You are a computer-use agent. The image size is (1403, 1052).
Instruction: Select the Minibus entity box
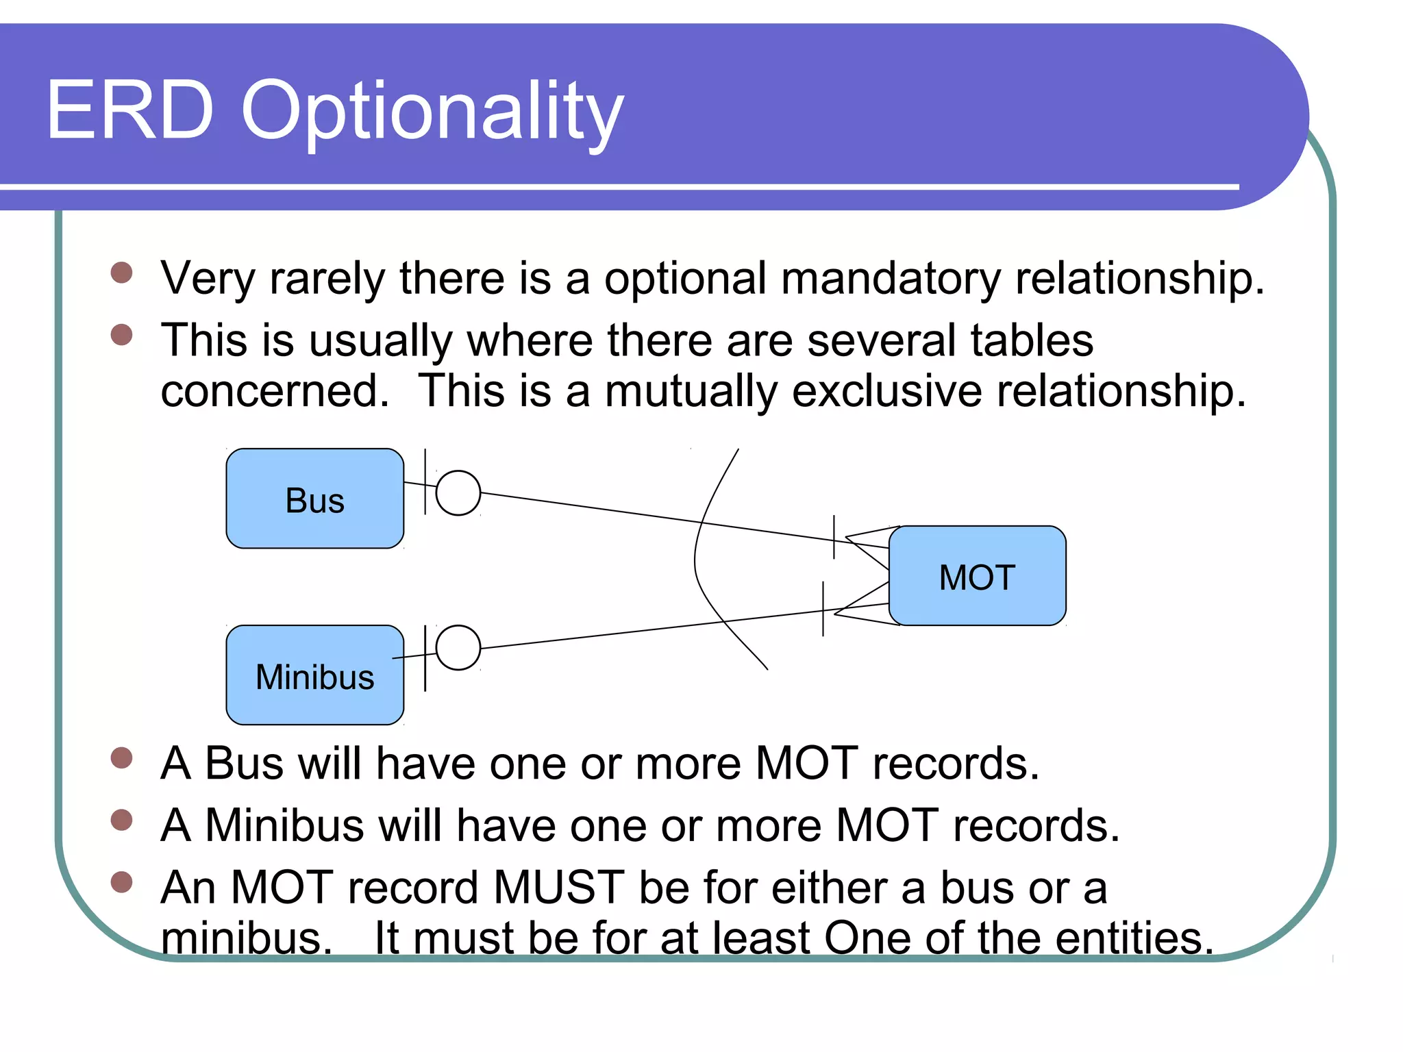tap(314, 675)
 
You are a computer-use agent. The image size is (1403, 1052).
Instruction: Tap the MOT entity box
tap(977, 576)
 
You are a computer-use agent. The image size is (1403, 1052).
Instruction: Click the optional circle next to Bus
tap(458, 492)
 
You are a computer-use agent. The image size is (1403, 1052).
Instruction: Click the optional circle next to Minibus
tap(458, 647)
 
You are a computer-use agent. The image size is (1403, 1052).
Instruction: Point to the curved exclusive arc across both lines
tap(696, 558)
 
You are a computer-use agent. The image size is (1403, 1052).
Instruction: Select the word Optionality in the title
tap(432, 113)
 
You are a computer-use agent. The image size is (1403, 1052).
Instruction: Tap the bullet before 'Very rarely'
tap(121, 273)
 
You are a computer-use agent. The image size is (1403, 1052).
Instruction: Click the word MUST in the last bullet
tap(558, 888)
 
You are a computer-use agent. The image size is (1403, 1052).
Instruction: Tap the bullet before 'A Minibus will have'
tap(121, 820)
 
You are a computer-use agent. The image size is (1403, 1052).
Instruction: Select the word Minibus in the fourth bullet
tap(284, 825)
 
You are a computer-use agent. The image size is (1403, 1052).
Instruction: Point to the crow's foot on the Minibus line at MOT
tap(862, 606)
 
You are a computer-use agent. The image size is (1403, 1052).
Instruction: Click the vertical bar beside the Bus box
tap(425, 481)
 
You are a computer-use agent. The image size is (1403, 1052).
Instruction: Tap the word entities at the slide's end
tap(1133, 938)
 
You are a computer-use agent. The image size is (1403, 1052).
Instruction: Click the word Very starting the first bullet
tap(208, 279)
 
